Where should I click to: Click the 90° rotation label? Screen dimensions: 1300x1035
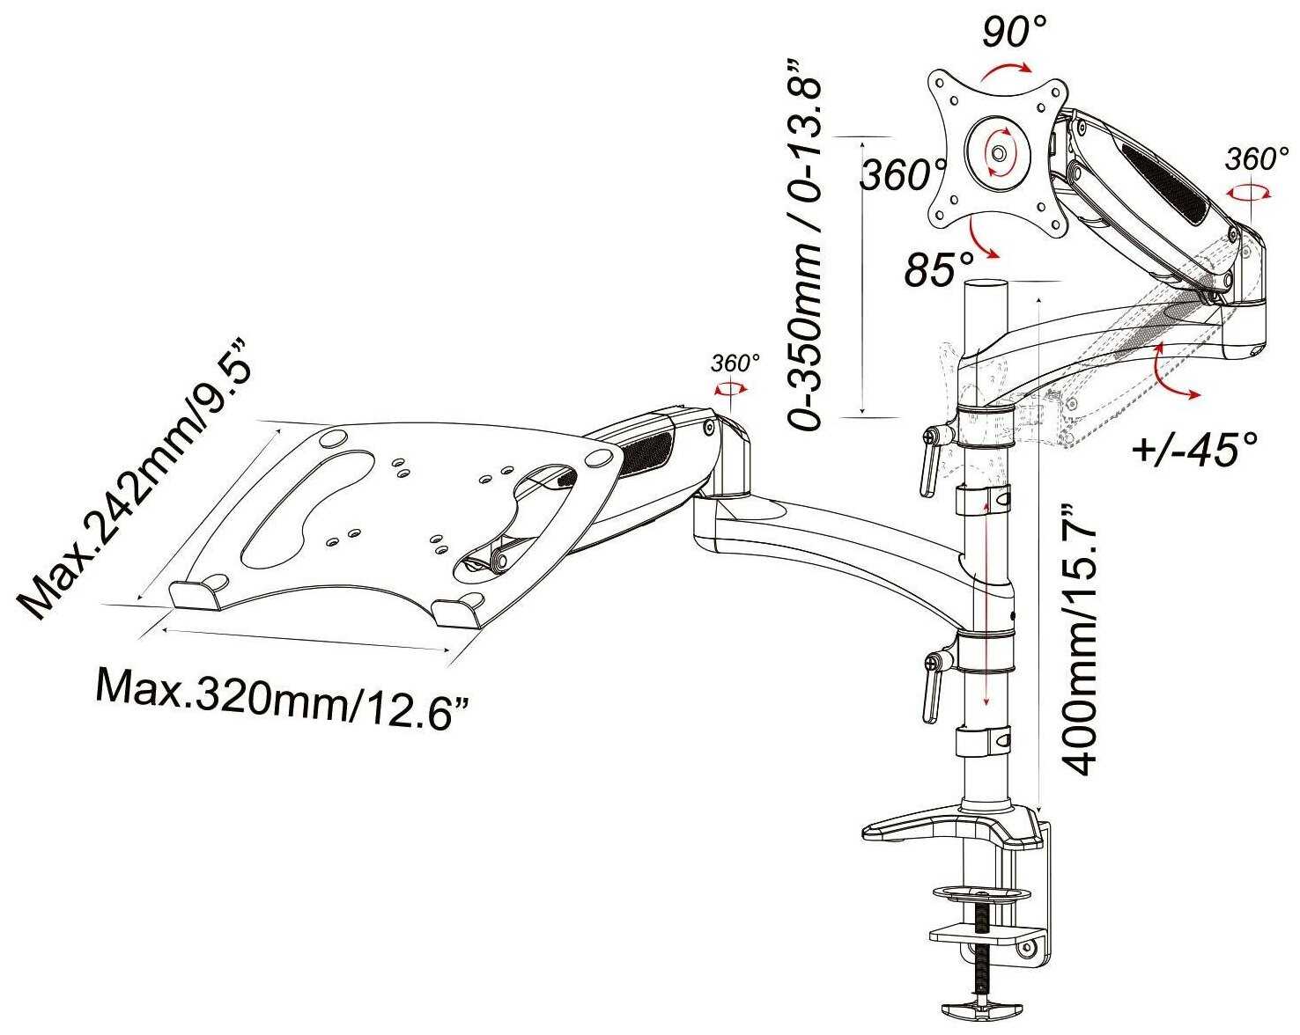(1015, 32)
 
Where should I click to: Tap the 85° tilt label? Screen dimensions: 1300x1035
(940, 269)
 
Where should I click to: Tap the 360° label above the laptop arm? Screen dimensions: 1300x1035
(735, 363)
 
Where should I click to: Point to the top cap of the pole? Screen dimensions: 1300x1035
(987, 286)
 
